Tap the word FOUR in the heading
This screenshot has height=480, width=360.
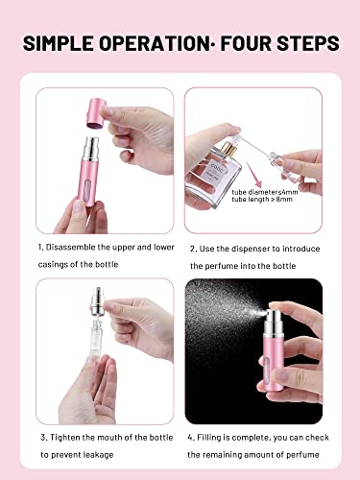tap(243, 44)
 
